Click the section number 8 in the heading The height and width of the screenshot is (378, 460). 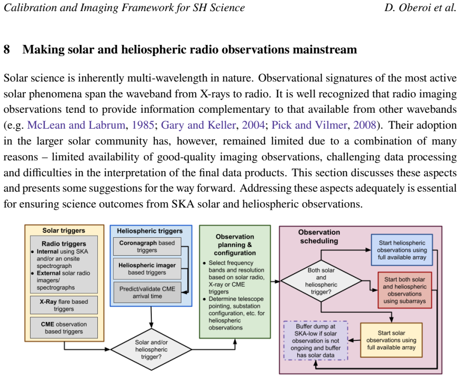click(x=7, y=49)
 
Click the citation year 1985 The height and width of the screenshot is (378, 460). click(x=143, y=125)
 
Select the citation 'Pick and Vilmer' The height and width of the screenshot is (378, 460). click(x=309, y=125)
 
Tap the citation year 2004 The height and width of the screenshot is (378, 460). click(x=253, y=125)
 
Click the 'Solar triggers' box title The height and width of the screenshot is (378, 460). click(x=63, y=231)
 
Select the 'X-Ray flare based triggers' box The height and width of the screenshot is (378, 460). click(x=64, y=305)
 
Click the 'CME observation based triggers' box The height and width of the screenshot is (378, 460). click(x=64, y=328)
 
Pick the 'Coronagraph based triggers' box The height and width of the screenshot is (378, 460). click(x=147, y=246)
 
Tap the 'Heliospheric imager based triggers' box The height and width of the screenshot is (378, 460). click(x=147, y=269)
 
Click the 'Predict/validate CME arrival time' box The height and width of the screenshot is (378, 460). click(x=147, y=292)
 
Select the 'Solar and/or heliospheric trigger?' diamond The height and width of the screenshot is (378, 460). click(x=151, y=349)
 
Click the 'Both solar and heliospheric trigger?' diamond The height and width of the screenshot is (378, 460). click(x=321, y=281)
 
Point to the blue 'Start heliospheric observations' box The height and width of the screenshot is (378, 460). click(x=402, y=250)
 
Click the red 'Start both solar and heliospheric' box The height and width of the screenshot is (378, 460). click(x=404, y=290)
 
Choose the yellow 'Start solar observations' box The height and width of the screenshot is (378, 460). click(x=391, y=340)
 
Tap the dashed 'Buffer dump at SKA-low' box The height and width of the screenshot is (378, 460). click(x=316, y=341)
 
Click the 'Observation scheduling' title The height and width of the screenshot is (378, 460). click(x=319, y=237)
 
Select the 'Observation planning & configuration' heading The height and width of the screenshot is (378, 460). click(x=235, y=245)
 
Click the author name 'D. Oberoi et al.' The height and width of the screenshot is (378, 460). click(x=420, y=7)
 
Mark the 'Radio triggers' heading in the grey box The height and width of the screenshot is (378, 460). click(x=63, y=244)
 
